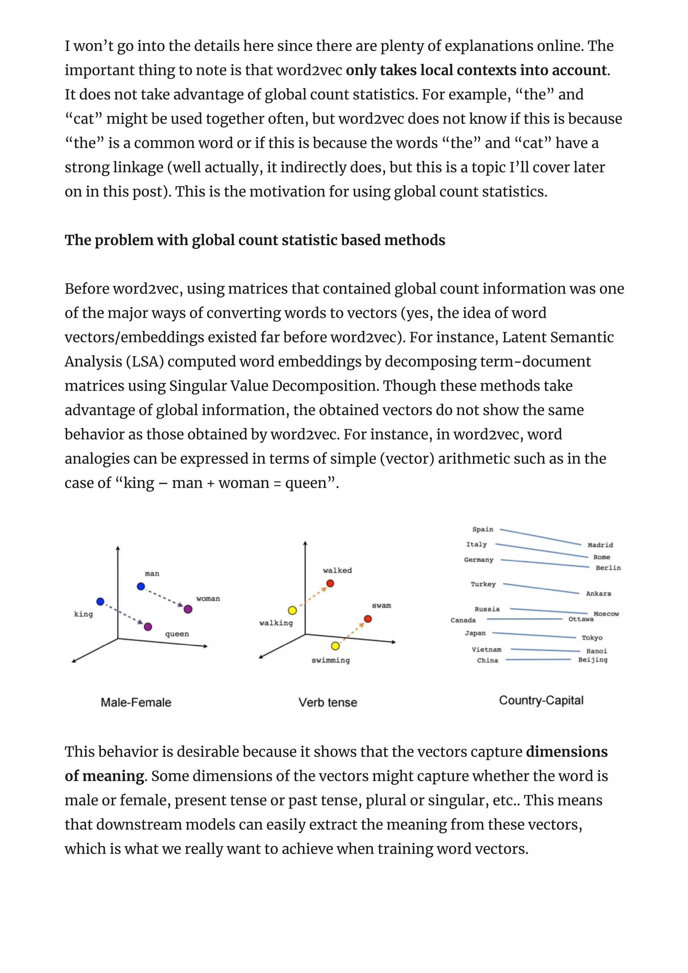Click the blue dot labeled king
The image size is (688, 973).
[x=100, y=601]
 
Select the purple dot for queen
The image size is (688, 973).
[x=148, y=627]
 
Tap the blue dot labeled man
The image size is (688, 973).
[x=141, y=587]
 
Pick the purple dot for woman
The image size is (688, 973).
[x=188, y=609]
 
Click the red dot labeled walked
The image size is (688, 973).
[x=330, y=584]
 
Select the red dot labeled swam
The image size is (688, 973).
[x=368, y=619]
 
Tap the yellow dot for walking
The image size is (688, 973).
[x=292, y=610]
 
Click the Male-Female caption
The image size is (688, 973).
[x=136, y=702]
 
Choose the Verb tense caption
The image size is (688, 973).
[x=328, y=702]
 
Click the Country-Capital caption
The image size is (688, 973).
[x=541, y=700]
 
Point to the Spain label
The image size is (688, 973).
[x=483, y=529]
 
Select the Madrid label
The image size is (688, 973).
[x=600, y=545]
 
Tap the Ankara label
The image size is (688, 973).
[x=598, y=594]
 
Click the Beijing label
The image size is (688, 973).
[x=593, y=659]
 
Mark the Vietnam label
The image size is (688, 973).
[x=486, y=649]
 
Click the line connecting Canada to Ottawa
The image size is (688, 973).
[x=524, y=619]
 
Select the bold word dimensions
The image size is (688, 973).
[x=566, y=751]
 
